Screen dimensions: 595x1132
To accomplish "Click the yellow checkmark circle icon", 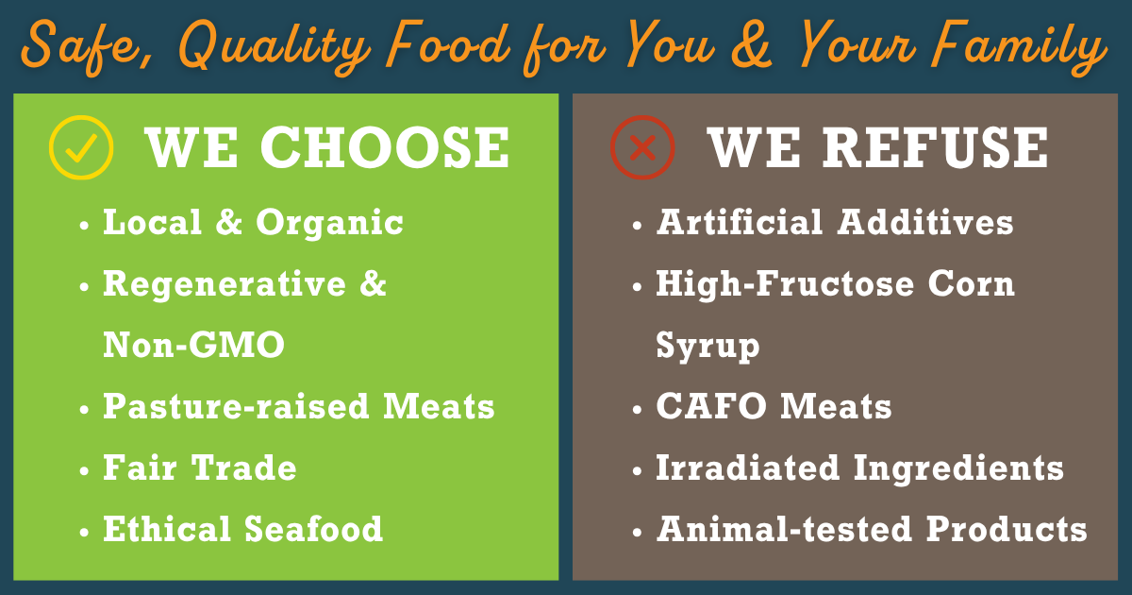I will [81, 147].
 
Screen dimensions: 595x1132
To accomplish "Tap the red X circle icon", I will [642, 147].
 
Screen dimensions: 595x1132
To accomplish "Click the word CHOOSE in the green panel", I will [384, 147].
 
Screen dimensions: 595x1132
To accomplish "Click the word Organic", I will [330, 223].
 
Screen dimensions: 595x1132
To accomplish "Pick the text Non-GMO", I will [193, 346].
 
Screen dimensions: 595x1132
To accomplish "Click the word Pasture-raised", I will [236, 407].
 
